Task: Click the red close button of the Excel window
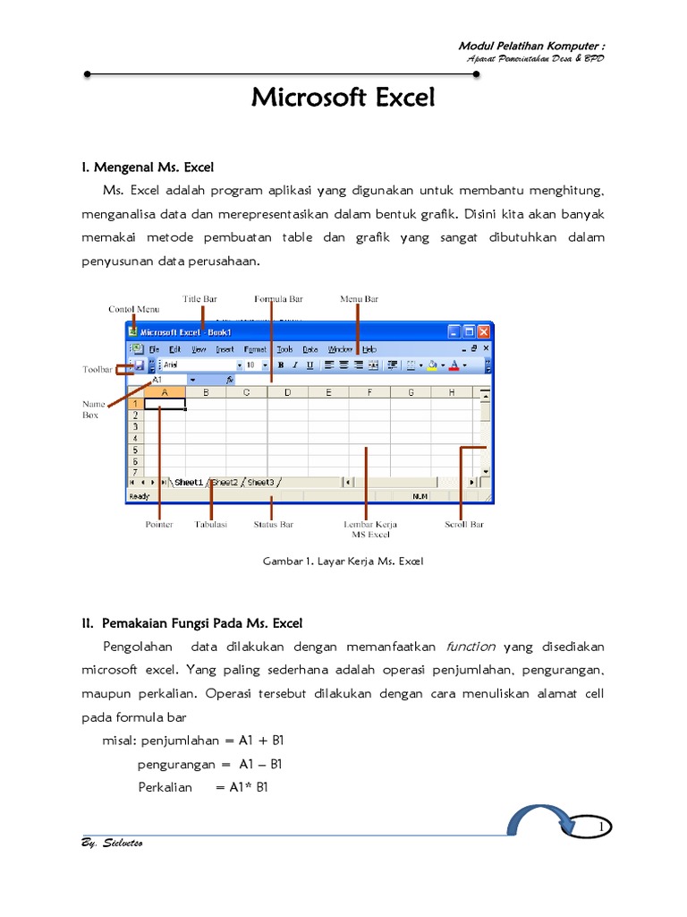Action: [x=483, y=331]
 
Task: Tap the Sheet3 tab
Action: [x=261, y=482]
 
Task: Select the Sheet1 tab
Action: [x=189, y=482]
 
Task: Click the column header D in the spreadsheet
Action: [x=287, y=391]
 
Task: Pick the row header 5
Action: [x=134, y=450]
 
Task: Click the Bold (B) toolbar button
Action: [x=281, y=364]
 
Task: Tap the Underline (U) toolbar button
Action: [x=310, y=364]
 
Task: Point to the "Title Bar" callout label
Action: [x=199, y=298]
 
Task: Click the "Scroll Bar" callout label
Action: [x=464, y=524]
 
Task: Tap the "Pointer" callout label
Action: [x=159, y=524]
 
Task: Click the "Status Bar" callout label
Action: [x=273, y=524]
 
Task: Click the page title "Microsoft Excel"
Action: [x=343, y=97]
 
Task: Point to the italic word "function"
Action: [x=470, y=647]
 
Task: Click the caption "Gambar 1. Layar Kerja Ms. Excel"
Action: [x=343, y=561]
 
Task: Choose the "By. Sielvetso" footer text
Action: [x=111, y=844]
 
